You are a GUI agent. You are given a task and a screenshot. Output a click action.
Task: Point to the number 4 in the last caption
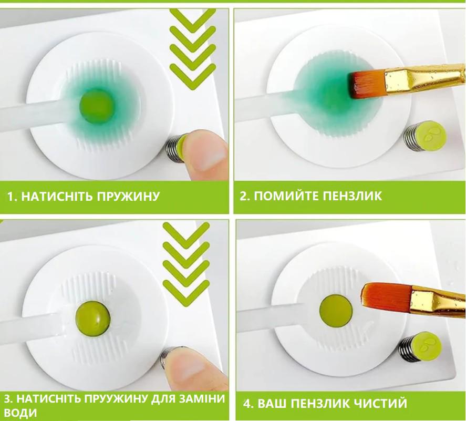pos(246,404)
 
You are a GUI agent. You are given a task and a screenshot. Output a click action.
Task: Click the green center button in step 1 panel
pos(96,104)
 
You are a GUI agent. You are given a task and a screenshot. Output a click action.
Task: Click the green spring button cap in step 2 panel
pos(430,133)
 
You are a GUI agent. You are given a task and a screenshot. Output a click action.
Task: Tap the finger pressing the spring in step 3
pos(189,368)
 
